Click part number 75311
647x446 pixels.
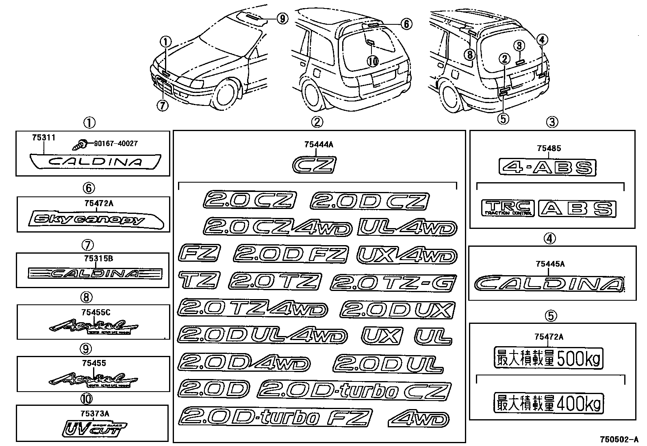(43, 138)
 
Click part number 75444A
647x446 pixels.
(318, 144)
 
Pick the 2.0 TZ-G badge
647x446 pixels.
(393, 282)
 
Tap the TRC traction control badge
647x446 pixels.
(508, 208)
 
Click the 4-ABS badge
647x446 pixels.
(547, 167)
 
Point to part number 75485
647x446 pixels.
(549, 148)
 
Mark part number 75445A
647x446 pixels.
(550, 264)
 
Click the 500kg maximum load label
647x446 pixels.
(548, 358)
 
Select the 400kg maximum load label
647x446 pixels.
(548, 404)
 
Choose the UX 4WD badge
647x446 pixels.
(407, 256)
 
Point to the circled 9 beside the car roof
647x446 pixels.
(282, 18)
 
